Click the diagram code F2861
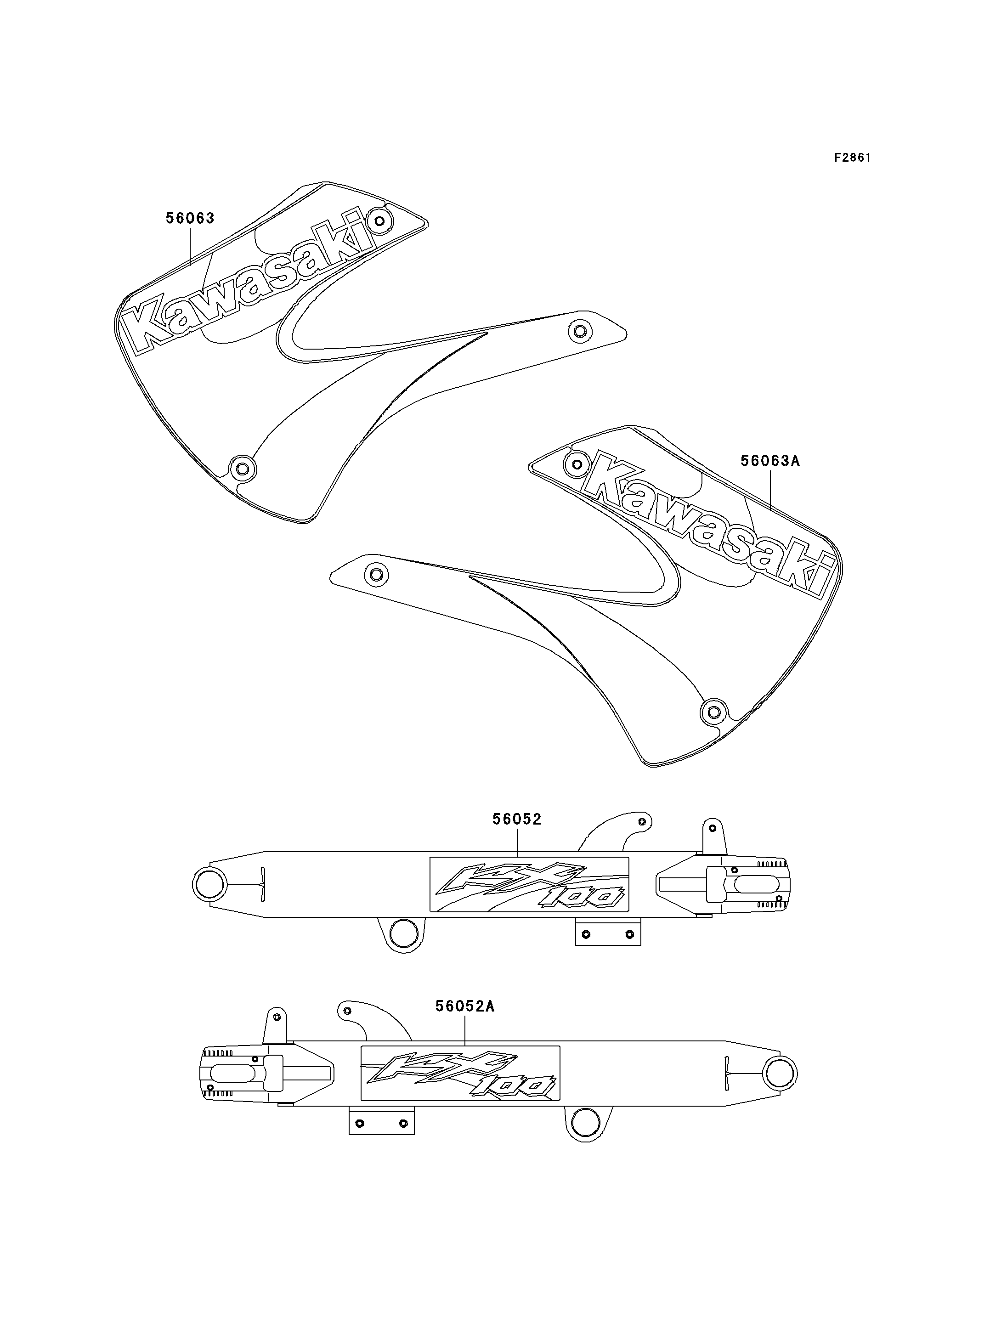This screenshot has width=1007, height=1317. pyautogui.click(x=852, y=158)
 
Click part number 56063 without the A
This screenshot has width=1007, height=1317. pyautogui.click(x=190, y=218)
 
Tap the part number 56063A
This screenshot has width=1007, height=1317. pyautogui.click(x=770, y=461)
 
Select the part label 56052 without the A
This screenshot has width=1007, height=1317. pyautogui.click(x=517, y=819)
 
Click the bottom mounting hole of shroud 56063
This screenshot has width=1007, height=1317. pyautogui.click(x=242, y=468)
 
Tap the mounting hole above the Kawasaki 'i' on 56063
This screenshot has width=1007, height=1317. pyautogui.click(x=379, y=222)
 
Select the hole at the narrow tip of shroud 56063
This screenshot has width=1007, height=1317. pyautogui.click(x=579, y=330)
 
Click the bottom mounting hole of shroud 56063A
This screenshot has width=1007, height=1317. pyautogui.click(x=713, y=712)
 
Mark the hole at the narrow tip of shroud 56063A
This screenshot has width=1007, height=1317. pyautogui.click(x=376, y=576)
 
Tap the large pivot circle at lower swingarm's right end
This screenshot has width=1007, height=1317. pyautogui.click(x=781, y=1073)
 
